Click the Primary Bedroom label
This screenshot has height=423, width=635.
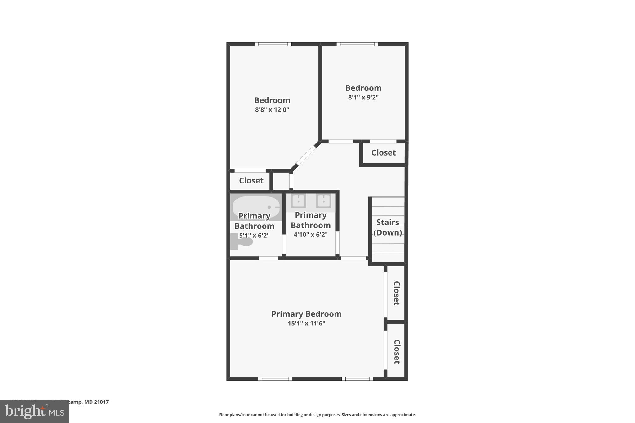click(x=306, y=314)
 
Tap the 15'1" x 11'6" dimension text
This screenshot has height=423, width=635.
click(x=306, y=324)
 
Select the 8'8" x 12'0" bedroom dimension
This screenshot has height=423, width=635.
click(x=272, y=110)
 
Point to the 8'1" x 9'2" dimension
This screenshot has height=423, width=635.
click(x=363, y=97)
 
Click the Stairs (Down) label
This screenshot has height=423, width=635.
click(x=388, y=227)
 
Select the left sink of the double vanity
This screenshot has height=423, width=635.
click(x=298, y=201)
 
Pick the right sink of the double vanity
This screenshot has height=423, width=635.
click(x=323, y=201)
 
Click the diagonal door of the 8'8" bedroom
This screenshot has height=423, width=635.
click(x=305, y=156)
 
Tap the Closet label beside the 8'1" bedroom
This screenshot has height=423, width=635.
click(x=384, y=153)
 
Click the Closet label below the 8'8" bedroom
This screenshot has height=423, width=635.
click(x=251, y=181)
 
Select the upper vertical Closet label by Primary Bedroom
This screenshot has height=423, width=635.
click(x=397, y=293)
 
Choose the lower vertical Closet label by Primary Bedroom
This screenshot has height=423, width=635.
click(x=397, y=351)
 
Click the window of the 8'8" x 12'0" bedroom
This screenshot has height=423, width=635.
click(x=273, y=44)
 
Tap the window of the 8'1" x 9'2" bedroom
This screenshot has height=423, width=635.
click(x=357, y=44)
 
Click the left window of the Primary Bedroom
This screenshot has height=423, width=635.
click(x=275, y=379)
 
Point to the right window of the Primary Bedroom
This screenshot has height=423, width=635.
click(x=357, y=379)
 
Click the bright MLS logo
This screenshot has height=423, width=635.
click(x=34, y=412)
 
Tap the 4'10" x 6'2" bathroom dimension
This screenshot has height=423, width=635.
click(x=310, y=235)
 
